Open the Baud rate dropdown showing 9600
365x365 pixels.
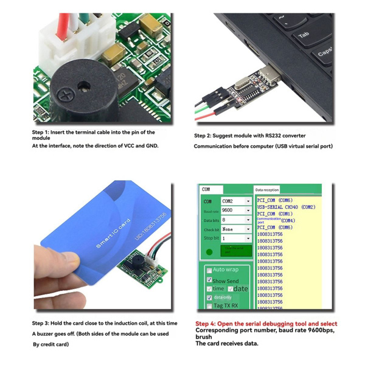click(236, 210)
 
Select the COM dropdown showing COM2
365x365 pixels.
click(236, 201)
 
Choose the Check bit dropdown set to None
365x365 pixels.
click(236, 229)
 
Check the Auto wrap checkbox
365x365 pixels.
click(209, 270)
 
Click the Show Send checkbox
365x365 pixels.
click(209, 280)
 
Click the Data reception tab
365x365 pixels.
click(268, 190)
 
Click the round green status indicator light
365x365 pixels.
click(209, 251)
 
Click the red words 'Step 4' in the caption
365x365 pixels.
click(207, 324)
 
